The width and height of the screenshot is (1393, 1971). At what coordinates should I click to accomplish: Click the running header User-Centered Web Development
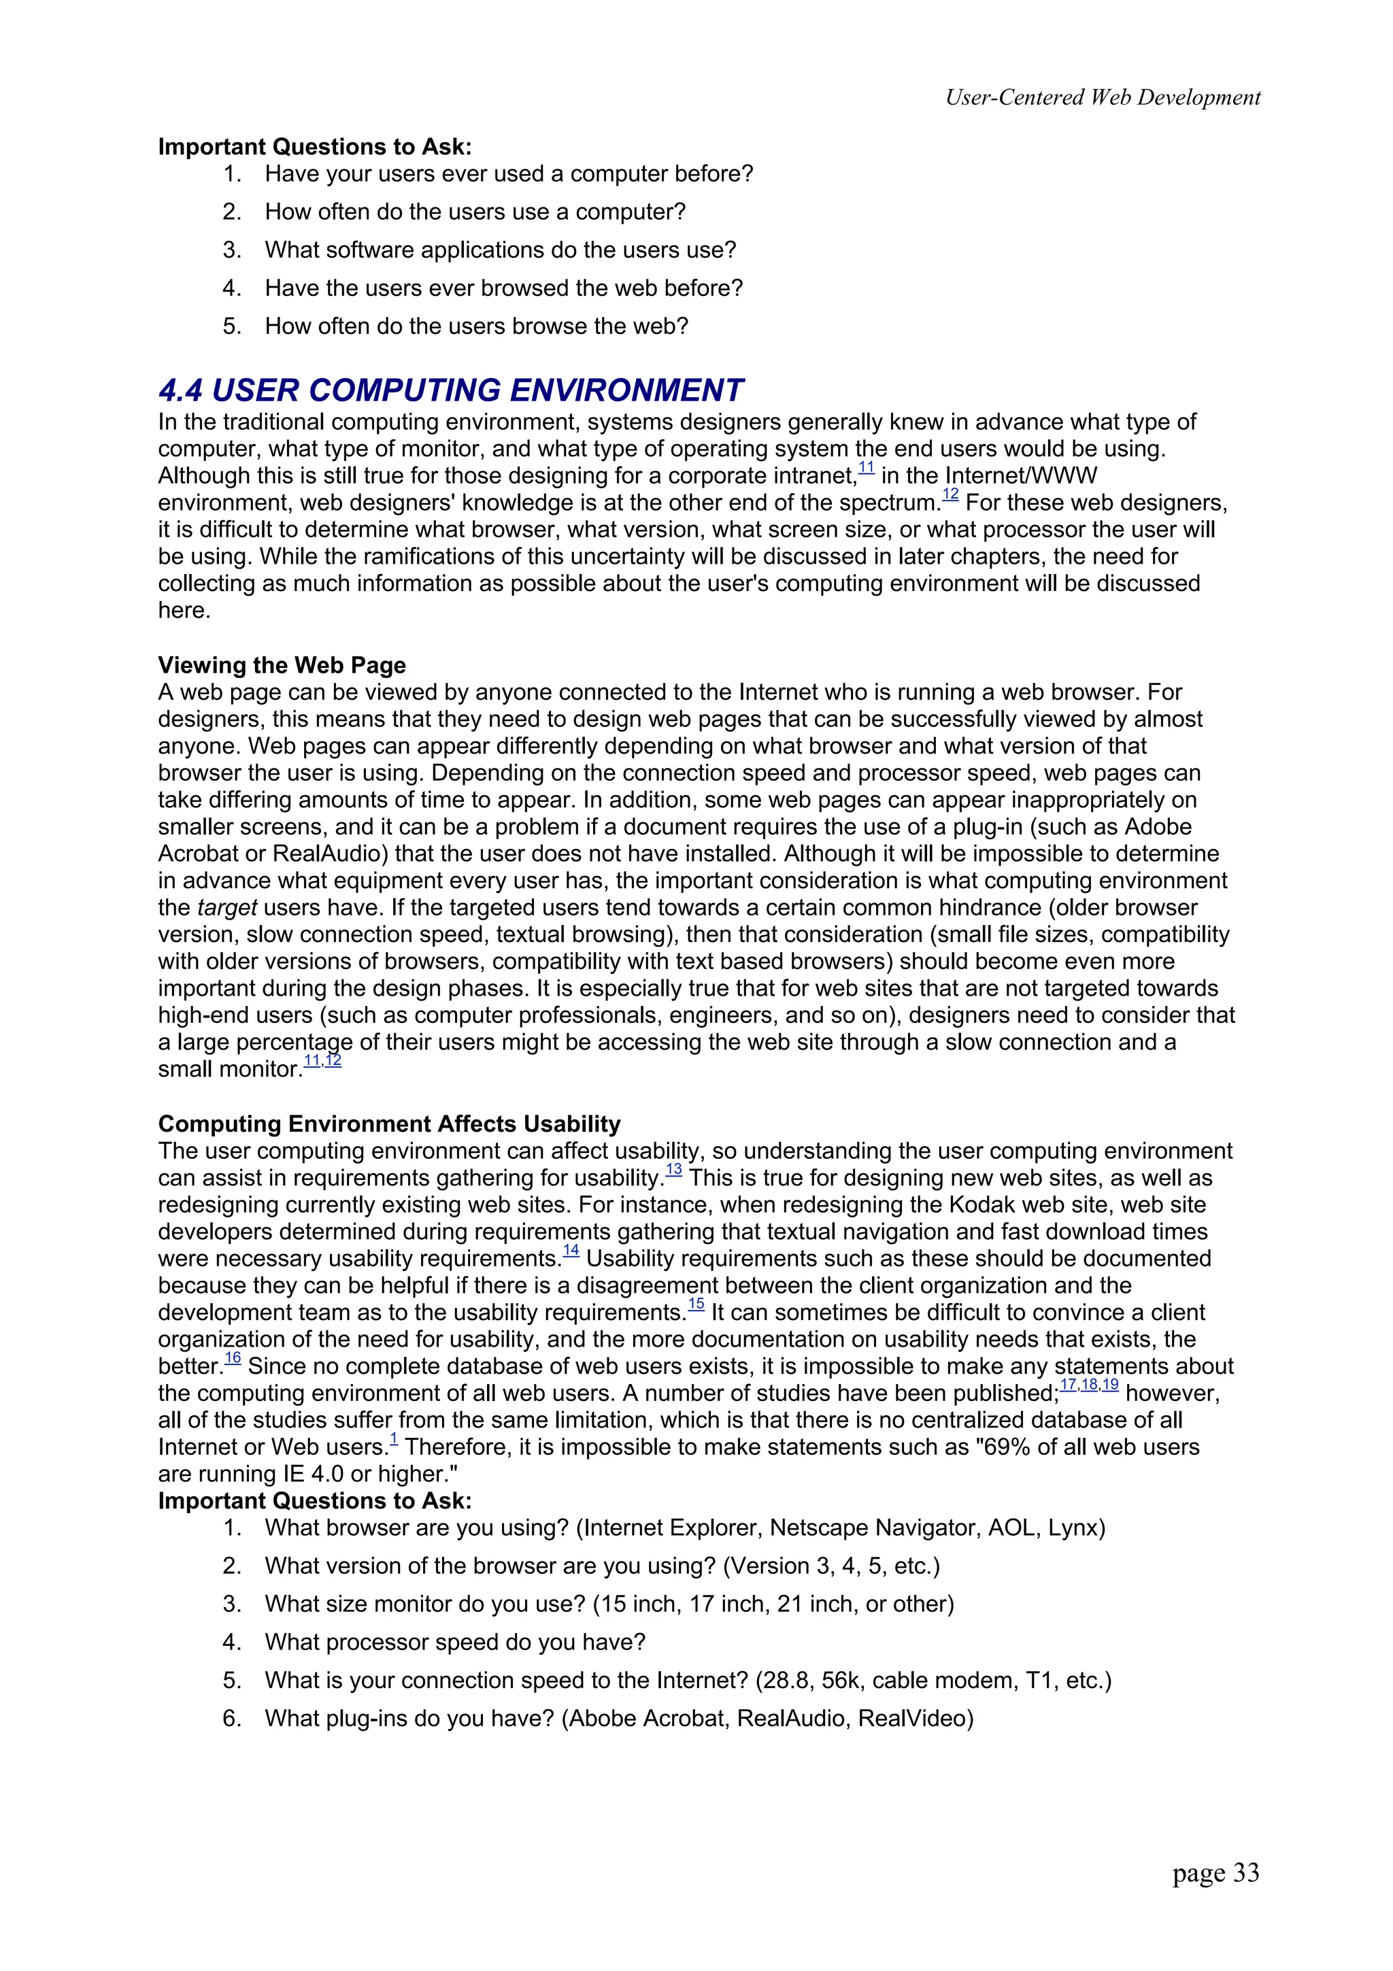[x=1102, y=97]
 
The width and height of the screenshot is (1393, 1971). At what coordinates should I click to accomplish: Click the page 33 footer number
[x=1215, y=1872]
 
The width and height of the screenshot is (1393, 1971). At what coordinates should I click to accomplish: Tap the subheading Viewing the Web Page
[x=282, y=665]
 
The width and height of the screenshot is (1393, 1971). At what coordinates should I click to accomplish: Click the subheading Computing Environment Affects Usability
[x=389, y=1124]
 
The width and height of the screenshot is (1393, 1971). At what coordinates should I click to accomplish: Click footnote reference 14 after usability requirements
[x=571, y=1250]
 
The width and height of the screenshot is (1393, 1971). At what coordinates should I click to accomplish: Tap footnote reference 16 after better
[x=233, y=1358]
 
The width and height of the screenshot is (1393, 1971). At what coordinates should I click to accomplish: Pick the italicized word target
[x=226, y=907]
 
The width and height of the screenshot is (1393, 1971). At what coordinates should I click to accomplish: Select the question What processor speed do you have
[x=455, y=1642]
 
